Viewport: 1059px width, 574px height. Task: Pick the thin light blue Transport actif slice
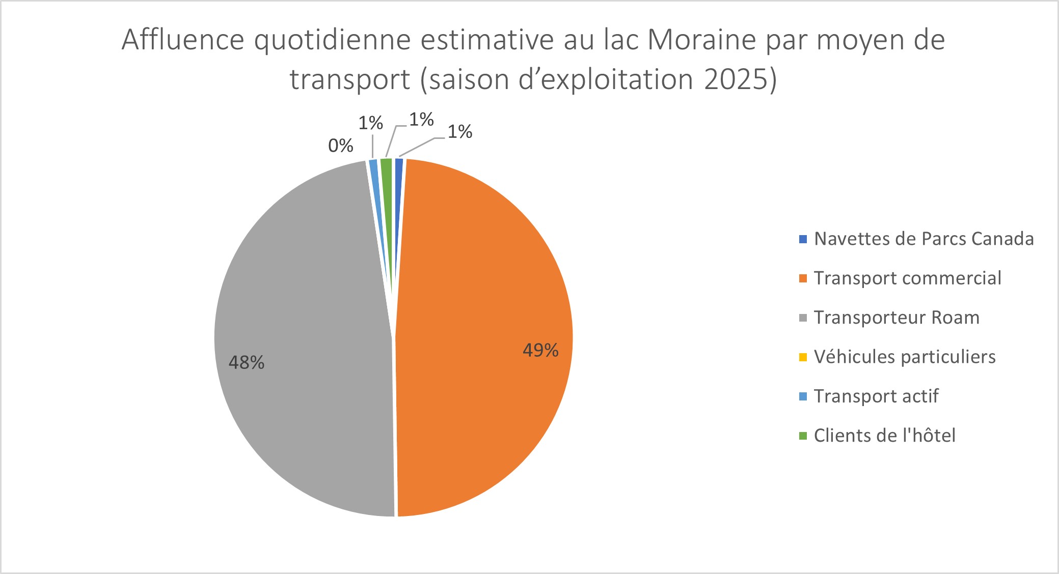tap(374, 173)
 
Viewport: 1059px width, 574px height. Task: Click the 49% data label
tap(540, 350)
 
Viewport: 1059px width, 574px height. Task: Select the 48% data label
tap(246, 362)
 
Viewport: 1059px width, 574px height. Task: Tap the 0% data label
tap(340, 146)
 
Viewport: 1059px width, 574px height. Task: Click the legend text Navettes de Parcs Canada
tap(924, 239)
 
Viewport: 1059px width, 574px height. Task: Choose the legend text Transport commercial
tap(907, 278)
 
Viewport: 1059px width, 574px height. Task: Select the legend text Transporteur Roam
tap(897, 318)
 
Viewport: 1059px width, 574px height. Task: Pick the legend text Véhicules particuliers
tap(905, 357)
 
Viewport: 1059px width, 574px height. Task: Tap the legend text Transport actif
tap(876, 396)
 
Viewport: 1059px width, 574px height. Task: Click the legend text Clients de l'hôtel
tap(884, 436)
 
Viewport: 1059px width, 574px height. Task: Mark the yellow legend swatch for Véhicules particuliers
tap(803, 357)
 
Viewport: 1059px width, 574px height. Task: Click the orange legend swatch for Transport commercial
tap(803, 278)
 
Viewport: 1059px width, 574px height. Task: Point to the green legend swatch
tap(803, 436)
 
